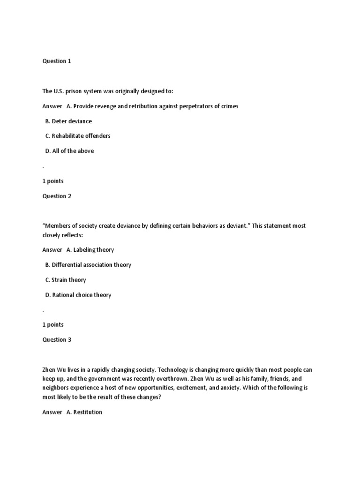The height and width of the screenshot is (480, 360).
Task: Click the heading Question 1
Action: coord(57,61)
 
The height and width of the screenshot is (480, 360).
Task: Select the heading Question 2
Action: coord(57,196)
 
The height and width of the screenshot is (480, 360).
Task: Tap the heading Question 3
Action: coord(57,339)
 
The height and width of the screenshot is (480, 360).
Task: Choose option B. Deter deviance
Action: coord(68,121)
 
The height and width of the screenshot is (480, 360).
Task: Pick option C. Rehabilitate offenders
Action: coord(78,136)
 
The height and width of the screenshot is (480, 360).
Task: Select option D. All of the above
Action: coord(69,151)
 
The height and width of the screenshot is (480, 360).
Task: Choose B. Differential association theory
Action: coord(88,265)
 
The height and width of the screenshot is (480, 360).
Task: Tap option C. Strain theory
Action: coord(66,280)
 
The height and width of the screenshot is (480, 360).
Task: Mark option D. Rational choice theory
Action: coord(78,295)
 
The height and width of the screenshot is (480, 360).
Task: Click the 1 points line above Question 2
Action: coord(53,181)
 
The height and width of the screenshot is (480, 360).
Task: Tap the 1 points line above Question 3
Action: coord(53,324)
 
